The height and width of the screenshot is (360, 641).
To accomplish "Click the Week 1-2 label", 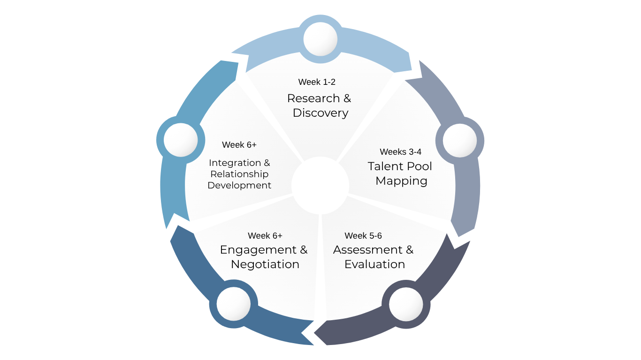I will (317, 82).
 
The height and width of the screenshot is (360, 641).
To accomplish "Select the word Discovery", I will (320, 113).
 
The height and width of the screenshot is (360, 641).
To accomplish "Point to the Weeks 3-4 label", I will (400, 152).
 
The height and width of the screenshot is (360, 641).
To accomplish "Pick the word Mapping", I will (401, 181).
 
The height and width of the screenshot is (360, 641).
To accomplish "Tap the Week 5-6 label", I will (363, 236).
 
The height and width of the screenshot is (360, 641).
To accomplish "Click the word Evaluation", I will (374, 264).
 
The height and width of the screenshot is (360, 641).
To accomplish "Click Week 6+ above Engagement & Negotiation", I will (265, 236).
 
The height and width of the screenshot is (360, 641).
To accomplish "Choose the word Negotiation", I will (265, 264).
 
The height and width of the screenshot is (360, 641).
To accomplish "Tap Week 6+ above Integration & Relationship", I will (239, 145).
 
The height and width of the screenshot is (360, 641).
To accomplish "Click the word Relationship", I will (239, 174).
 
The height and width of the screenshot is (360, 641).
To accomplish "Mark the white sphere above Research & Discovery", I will (320, 39).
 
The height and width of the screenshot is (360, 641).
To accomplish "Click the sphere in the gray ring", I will (459, 141).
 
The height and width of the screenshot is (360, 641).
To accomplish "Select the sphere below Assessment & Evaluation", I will (406, 305).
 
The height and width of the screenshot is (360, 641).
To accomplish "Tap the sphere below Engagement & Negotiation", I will (233, 304).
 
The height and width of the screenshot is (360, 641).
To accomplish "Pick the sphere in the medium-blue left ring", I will (181, 140).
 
